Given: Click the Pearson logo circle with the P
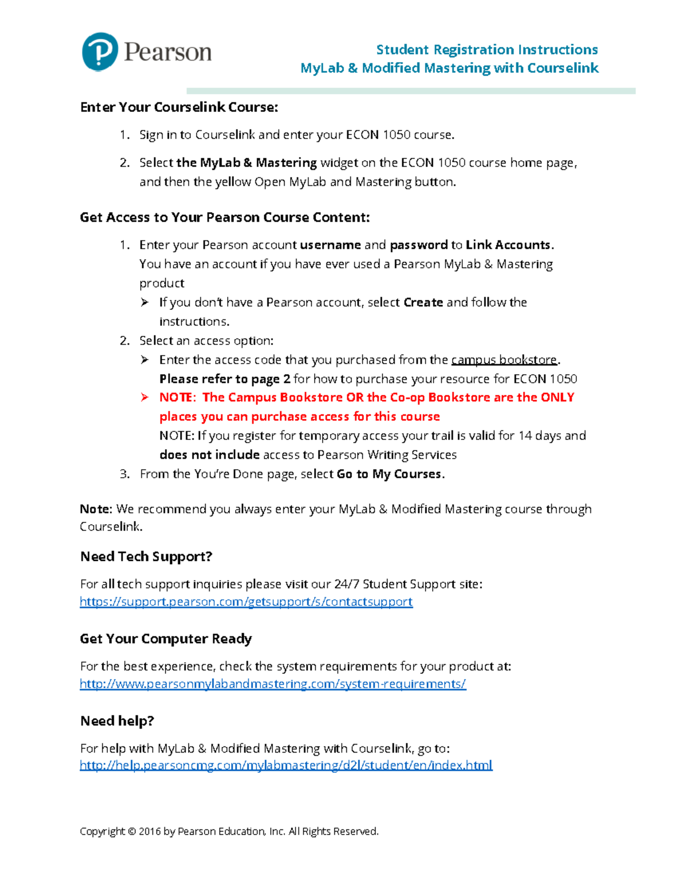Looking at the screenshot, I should [x=100, y=51].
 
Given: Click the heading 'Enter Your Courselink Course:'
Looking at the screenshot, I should [x=179, y=107].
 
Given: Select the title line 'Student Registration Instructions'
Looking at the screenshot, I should [x=486, y=50].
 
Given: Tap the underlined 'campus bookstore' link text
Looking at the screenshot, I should [x=504, y=360].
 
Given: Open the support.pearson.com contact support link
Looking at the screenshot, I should [x=246, y=602].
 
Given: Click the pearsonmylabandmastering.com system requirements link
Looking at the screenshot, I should [x=272, y=684].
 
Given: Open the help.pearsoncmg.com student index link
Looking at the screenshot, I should [x=286, y=765].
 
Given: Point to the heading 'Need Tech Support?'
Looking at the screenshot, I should [x=146, y=557].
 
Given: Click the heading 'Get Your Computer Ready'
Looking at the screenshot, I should [x=166, y=639].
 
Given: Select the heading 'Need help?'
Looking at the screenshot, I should [x=117, y=721].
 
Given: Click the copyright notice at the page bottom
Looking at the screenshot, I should [x=229, y=831].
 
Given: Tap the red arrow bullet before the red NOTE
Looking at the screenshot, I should [x=145, y=397].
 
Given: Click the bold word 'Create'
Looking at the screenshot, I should [x=423, y=302].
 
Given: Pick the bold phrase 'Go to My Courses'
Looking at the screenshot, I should [x=389, y=474].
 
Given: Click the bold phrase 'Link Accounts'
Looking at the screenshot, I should [x=508, y=245].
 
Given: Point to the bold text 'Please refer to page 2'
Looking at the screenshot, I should [x=224, y=379].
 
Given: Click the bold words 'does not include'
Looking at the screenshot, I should [x=209, y=455].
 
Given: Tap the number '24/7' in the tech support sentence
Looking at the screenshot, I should [x=346, y=584].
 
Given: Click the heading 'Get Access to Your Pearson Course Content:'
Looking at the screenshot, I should [x=225, y=218].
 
